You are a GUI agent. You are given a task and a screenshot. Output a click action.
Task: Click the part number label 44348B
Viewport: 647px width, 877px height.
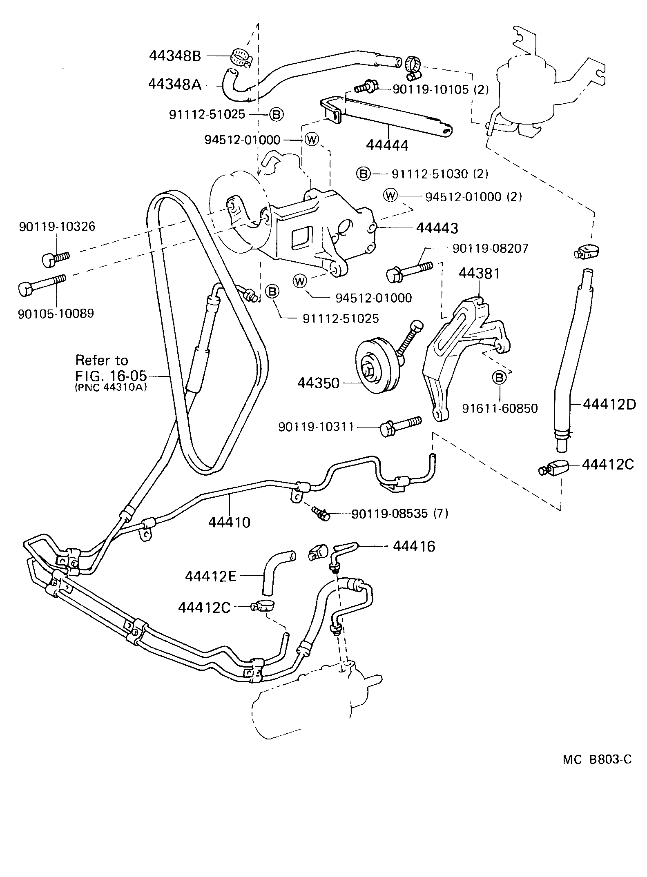coord(175,56)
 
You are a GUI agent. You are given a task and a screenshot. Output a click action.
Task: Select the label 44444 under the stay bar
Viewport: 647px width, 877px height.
coord(387,145)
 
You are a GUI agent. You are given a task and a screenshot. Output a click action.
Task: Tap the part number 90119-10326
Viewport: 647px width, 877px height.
coord(57,226)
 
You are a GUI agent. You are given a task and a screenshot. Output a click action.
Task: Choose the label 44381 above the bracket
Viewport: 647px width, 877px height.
coord(479,274)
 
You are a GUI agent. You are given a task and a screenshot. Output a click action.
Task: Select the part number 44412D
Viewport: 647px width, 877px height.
coord(609,404)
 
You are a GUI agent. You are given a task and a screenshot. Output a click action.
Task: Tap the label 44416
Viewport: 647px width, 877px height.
coord(414,546)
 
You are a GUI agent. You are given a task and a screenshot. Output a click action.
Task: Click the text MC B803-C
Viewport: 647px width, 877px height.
coord(597,759)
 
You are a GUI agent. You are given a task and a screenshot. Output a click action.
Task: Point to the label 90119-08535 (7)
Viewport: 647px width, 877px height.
coord(399,514)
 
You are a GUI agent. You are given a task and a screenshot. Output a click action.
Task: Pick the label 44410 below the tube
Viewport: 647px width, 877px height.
coord(229,522)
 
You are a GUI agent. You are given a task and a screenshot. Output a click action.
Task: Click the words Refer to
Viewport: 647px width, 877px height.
coord(102,360)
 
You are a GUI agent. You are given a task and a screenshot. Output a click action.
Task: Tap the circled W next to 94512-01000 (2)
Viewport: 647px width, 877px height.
coord(390,196)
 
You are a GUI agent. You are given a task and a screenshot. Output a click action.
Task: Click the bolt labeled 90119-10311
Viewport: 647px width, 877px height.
coord(400,425)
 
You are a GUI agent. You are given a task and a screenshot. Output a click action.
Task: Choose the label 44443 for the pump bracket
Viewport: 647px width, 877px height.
coord(437,228)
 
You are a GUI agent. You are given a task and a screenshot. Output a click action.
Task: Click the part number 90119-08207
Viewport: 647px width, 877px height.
coord(490,248)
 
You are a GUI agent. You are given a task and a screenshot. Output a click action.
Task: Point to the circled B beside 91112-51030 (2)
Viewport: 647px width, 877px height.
coord(363,174)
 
